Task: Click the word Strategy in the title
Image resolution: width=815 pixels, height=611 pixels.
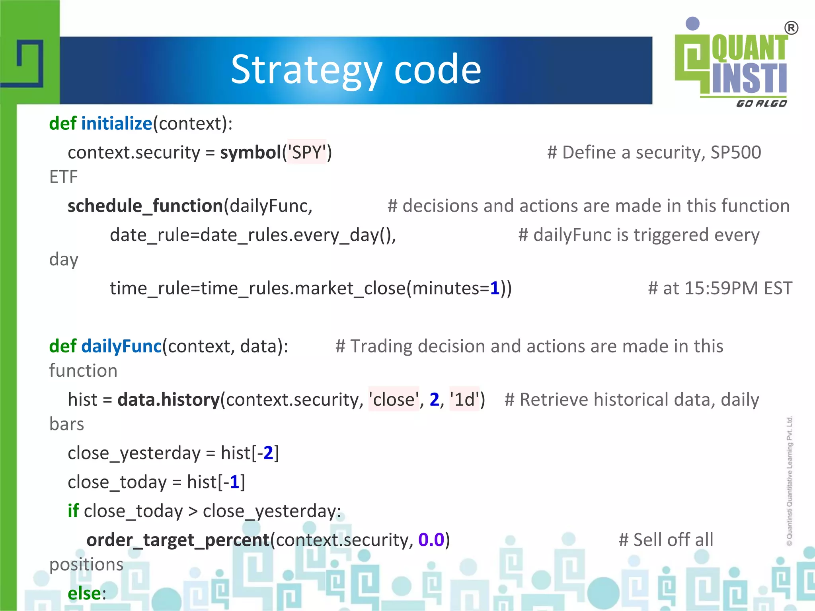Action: coord(306,70)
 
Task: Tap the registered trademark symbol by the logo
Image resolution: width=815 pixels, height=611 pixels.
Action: coord(791,28)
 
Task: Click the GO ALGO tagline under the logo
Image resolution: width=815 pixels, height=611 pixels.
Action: coord(761,104)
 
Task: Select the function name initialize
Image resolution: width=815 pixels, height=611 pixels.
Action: coord(117,124)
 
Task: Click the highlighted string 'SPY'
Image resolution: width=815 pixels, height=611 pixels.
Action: coord(307,153)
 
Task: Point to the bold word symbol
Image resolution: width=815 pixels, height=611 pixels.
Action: coord(251,153)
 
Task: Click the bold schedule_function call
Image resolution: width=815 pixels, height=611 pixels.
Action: coord(145,206)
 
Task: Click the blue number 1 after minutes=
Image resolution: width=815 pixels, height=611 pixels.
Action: coord(495,288)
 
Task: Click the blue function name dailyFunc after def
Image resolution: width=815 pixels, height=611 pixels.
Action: coord(121,346)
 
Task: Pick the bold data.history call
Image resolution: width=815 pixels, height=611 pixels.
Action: coord(168,400)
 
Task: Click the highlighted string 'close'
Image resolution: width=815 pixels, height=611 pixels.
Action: coord(394,400)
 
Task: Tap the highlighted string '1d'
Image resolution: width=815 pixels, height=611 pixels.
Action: coord(464,400)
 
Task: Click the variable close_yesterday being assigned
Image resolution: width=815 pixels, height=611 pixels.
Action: coord(134,453)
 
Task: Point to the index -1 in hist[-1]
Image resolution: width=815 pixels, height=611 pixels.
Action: coord(232,482)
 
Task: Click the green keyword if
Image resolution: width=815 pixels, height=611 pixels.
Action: coord(73,511)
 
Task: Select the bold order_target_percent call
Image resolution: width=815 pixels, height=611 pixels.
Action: coord(178,540)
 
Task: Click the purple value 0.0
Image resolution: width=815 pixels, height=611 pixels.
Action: coord(431,540)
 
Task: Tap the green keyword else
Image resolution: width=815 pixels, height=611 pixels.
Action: coord(84,593)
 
